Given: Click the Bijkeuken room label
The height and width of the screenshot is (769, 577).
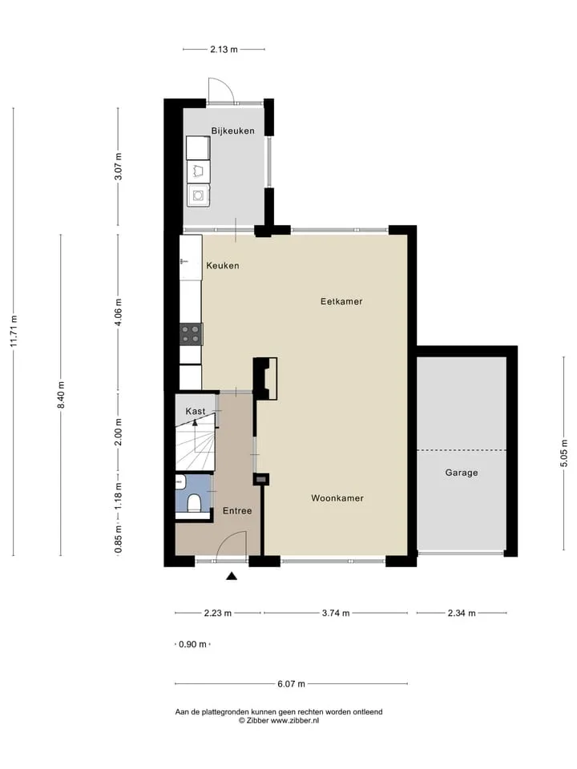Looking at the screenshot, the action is click(x=232, y=131).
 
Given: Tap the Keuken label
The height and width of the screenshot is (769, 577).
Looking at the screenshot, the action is click(x=223, y=266).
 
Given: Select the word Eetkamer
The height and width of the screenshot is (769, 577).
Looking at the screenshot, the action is click(x=341, y=302).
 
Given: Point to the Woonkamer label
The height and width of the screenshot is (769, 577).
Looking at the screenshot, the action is click(x=337, y=498).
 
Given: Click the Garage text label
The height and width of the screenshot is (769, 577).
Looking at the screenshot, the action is click(x=462, y=473).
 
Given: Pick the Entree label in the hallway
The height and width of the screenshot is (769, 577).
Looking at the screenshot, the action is click(x=237, y=511).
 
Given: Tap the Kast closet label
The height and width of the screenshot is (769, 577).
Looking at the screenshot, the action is click(x=196, y=412).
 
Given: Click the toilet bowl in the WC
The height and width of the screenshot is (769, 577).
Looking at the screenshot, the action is click(x=194, y=504).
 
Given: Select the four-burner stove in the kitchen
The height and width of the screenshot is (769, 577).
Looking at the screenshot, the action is click(x=191, y=335).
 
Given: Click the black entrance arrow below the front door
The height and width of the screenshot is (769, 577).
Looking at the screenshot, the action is click(x=232, y=576).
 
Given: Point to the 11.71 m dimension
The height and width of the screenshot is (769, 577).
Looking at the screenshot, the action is click(x=14, y=332).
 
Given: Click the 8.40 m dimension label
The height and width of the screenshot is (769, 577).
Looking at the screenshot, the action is click(x=61, y=395).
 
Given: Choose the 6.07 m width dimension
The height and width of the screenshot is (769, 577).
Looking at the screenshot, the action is click(x=292, y=683).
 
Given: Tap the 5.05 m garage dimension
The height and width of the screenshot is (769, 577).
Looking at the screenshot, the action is click(x=564, y=453).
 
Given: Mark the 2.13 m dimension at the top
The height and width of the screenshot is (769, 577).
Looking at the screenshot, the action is click(x=224, y=50).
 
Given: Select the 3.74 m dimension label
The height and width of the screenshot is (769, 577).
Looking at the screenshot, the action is click(x=336, y=613).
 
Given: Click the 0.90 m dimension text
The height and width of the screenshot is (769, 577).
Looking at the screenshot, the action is click(x=192, y=644).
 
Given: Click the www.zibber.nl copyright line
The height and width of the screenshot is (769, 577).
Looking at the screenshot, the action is click(x=279, y=720).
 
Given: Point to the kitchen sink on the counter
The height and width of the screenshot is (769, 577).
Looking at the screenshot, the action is click(x=191, y=258).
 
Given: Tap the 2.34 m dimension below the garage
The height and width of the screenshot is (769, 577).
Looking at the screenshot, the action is click(x=462, y=613).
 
